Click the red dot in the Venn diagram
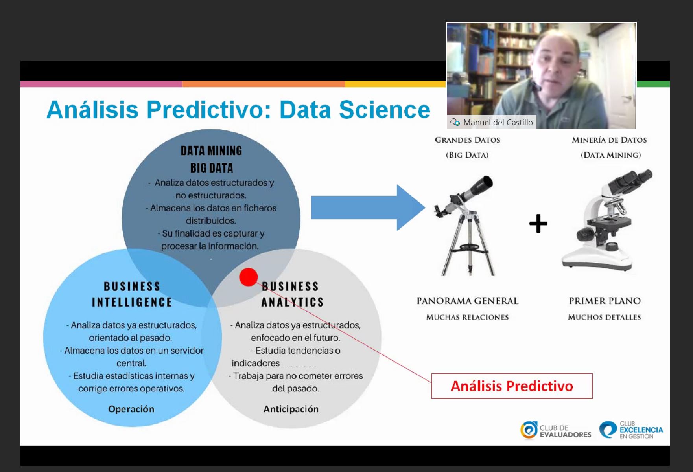[x=248, y=277]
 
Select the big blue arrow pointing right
[x=368, y=208]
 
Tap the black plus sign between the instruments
[x=538, y=224]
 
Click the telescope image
[x=465, y=226]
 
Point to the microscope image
[x=606, y=220]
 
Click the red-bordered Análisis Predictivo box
[x=512, y=386]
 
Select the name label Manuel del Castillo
[x=498, y=122]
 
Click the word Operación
[x=131, y=409]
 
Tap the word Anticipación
[x=291, y=409]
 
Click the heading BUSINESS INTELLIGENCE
[x=132, y=294]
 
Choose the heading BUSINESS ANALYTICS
[x=292, y=294]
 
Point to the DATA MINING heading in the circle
[x=212, y=151]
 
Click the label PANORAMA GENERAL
[x=468, y=301]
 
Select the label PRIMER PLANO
[x=605, y=301]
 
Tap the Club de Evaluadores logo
[x=556, y=430]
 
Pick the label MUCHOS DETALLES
[x=605, y=317]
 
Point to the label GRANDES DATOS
[x=468, y=140]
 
